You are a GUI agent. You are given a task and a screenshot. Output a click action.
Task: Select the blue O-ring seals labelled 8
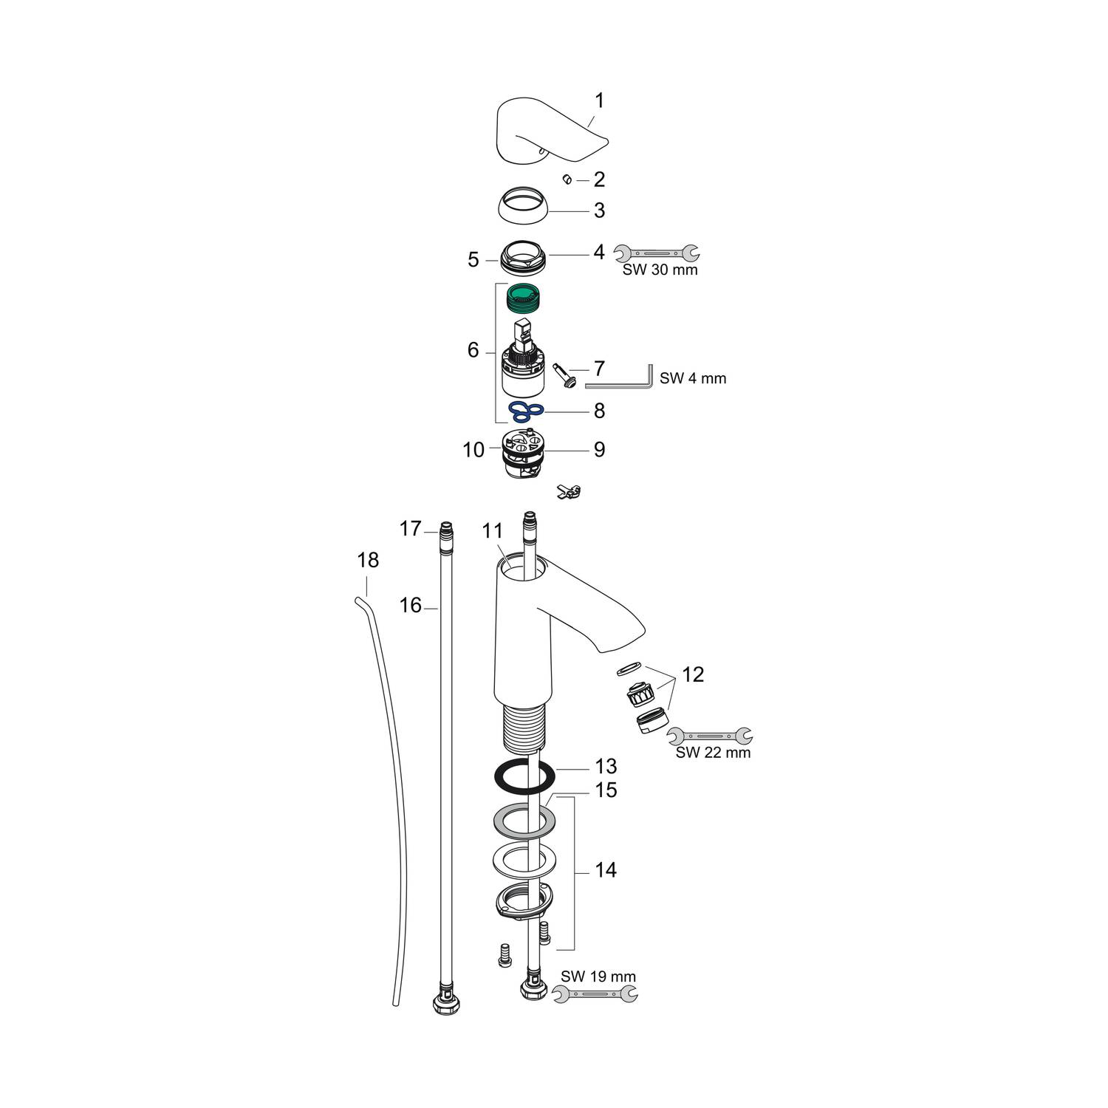click(526, 410)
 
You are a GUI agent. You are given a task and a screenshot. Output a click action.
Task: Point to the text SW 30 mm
click(660, 270)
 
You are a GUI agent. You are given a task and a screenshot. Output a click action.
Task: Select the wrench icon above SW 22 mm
click(709, 735)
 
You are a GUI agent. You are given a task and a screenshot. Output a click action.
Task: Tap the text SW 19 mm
click(598, 977)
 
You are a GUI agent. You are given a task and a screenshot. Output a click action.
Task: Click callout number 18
click(368, 560)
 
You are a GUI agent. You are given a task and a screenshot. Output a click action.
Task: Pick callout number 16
click(410, 605)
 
